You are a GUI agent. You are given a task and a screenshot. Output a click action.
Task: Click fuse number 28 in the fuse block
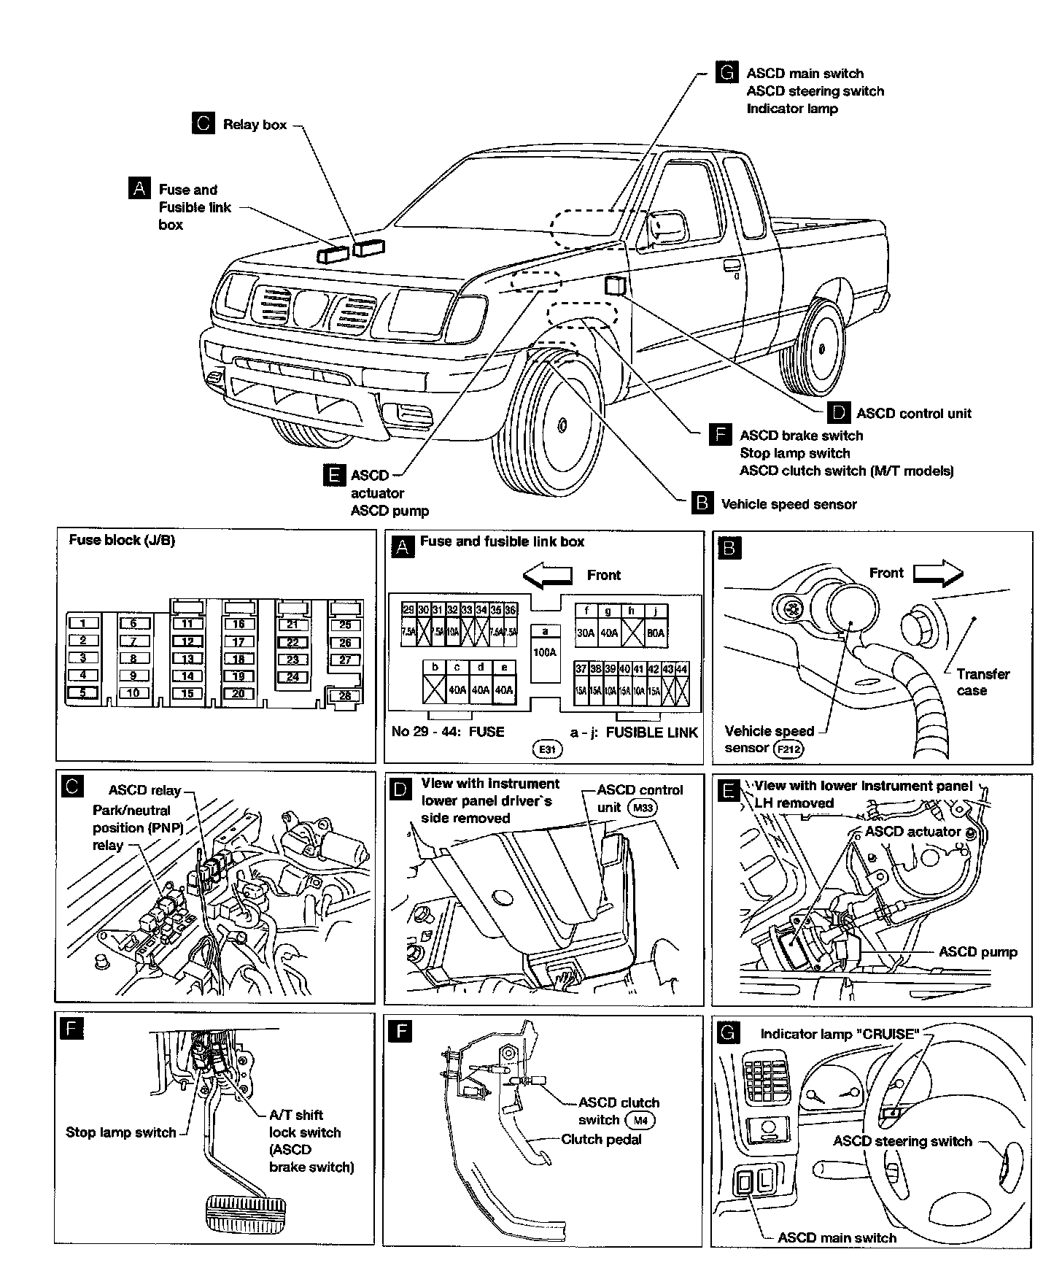click(345, 695)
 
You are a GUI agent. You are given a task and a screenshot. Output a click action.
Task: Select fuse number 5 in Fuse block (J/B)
click(83, 692)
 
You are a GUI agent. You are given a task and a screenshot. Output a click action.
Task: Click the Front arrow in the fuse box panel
click(548, 575)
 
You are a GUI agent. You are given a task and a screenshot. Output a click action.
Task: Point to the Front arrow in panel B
click(939, 573)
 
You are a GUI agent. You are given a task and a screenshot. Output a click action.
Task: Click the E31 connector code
click(547, 749)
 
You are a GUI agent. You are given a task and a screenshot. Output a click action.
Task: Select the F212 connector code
click(788, 749)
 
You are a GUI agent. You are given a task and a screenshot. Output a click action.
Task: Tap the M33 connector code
click(643, 808)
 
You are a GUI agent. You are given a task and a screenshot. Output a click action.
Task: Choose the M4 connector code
click(640, 1120)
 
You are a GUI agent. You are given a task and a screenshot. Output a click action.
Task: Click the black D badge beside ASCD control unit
click(839, 413)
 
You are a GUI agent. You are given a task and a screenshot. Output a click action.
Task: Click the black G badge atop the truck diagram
click(726, 73)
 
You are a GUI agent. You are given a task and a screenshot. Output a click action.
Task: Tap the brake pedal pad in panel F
click(247, 1213)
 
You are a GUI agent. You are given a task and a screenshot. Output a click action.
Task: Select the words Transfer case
click(982, 682)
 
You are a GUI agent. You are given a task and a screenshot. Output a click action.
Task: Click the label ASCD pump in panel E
click(977, 952)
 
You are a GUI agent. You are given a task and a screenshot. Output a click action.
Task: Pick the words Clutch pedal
click(601, 1139)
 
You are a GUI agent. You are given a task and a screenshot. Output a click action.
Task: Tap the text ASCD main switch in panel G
click(837, 1237)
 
